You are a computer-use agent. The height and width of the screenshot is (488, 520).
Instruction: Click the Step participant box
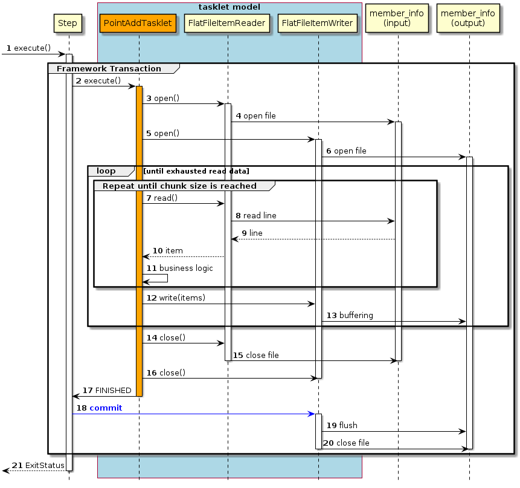[x=68, y=23]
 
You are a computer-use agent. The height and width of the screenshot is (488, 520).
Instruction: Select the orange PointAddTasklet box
[x=138, y=24]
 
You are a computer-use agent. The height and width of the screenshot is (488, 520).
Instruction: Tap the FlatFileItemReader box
[x=227, y=24]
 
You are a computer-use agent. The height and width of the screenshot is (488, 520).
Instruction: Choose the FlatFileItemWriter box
[x=318, y=24]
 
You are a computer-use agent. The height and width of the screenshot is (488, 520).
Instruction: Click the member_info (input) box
[x=397, y=18]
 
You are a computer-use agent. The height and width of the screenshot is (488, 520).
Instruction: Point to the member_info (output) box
[x=469, y=18]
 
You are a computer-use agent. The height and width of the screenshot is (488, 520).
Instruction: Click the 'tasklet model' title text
[x=229, y=7]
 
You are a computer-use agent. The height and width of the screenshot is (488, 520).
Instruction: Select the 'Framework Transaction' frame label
[x=109, y=68]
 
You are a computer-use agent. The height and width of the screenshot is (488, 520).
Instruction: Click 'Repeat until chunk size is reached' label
[x=179, y=186]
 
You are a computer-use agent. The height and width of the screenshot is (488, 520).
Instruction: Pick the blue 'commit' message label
[x=105, y=408]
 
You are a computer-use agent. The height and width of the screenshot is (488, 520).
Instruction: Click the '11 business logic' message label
[x=179, y=268]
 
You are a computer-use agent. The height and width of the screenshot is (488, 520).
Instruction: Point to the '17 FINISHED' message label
[x=106, y=391]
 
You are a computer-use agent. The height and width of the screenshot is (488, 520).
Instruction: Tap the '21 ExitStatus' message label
[x=38, y=465]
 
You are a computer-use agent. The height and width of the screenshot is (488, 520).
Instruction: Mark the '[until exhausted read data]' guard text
[x=196, y=171]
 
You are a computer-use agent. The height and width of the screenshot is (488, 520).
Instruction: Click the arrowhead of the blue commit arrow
[x=311, y=414]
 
